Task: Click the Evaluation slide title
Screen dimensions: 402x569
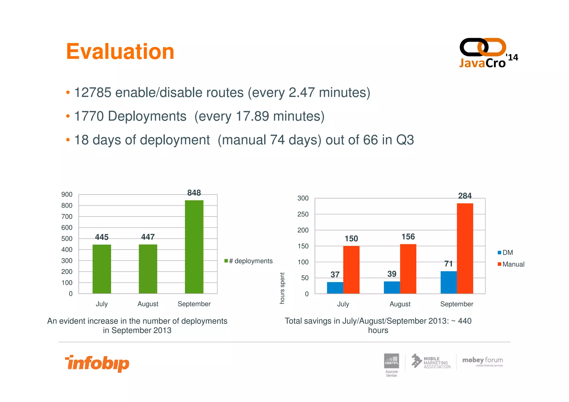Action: (x=120, y=52)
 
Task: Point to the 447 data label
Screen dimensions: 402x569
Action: (x=148, y=237)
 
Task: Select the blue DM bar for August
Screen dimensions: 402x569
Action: (x=392, y=288)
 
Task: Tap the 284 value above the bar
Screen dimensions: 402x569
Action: (x=465, y=196)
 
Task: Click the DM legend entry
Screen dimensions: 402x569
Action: (x=505, y=253)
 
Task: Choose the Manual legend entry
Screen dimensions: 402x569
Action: (x=511, y=264)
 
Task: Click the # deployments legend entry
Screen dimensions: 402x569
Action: (x=249, y=261)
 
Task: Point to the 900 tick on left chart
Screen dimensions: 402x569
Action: (x=67, y=194)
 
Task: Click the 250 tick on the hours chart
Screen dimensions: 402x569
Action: (x=303, y=214)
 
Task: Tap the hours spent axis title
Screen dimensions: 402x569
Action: (x=282, y=288)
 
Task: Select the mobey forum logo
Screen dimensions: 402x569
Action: (x=483, y=361)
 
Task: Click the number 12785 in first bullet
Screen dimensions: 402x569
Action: (x=93, y=93)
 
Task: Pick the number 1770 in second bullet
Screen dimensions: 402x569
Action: (x=89, y=116)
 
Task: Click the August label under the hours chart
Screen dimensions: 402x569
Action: (x=400, y=304)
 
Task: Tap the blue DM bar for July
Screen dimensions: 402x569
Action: (x=335, y=288)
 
